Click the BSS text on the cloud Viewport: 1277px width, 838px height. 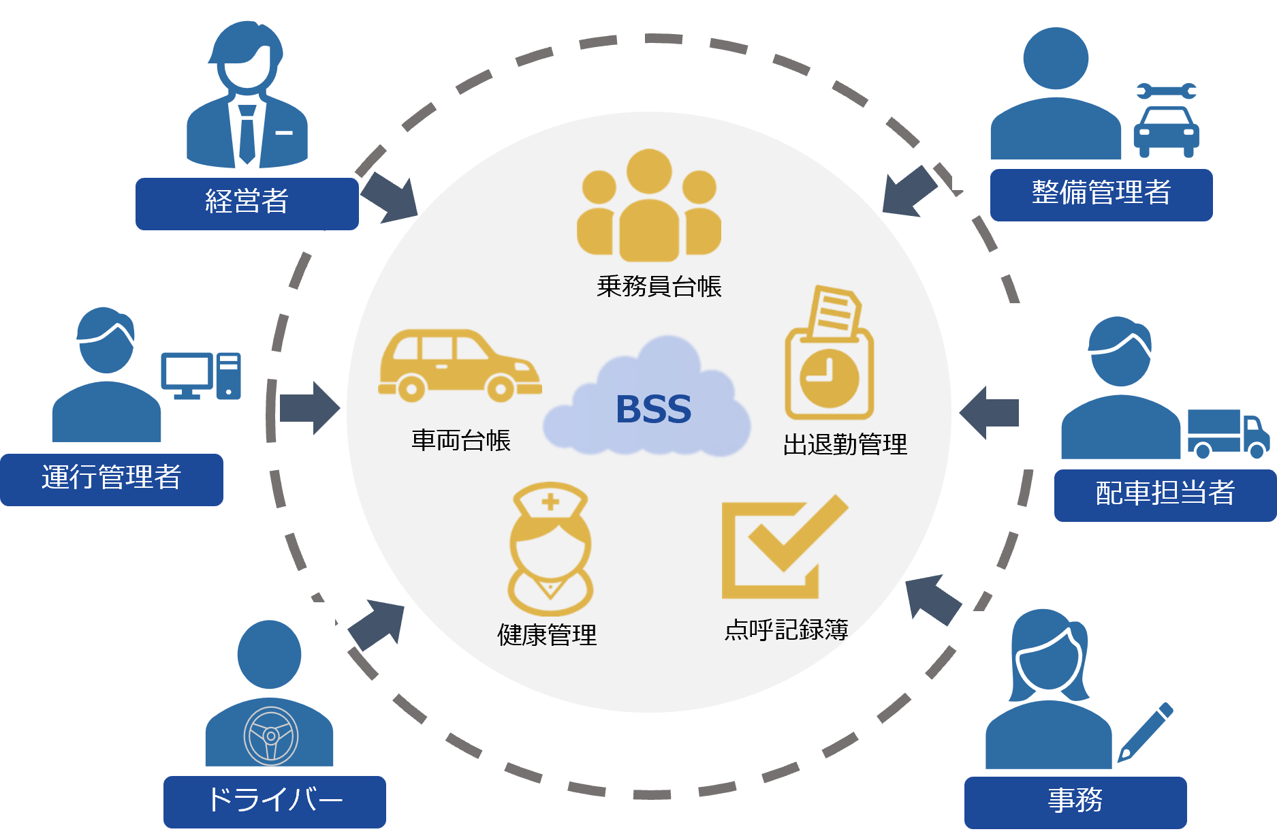pos(653,409)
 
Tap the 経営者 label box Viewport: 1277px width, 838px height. pos(247,202)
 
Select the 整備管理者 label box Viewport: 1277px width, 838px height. pos(1101,193)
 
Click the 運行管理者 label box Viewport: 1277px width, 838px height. pos(111,478)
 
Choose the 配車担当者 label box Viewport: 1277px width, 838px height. pos(1165,494)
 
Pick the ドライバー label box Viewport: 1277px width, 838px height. pos(274,801)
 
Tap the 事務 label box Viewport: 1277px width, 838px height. pos(1075,801)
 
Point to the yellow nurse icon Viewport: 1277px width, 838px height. pos(550,549)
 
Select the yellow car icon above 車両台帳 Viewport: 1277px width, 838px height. pos(459,366)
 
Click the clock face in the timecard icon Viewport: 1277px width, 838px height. pos(829,378)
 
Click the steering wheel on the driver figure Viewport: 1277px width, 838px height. pos(270,736)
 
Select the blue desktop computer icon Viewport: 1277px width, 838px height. pos(200,375)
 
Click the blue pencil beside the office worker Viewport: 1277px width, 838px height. pos(1146,732)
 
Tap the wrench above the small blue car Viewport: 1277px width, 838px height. pos(1166,91)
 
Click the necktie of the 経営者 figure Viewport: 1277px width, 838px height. pos(247,133)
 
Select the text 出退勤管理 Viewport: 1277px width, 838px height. pos(845,445)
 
